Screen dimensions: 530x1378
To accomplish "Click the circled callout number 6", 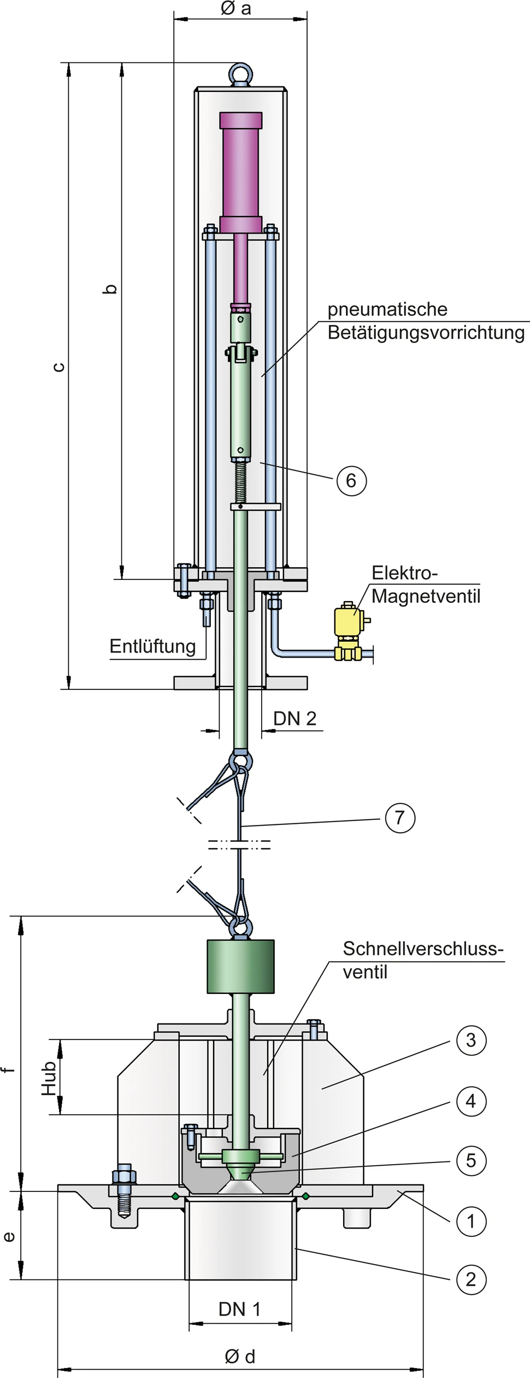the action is coord(351,480).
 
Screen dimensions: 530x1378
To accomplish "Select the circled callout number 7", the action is coord(400,817).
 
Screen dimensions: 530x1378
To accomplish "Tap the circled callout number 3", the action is coord(471,1040).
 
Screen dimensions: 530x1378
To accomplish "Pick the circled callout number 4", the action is coord(471,1101).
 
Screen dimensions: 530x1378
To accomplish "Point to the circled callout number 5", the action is coord(471,1160).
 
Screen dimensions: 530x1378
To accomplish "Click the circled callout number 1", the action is coord(471,1220).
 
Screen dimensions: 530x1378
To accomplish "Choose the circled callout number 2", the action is coord(471,1280).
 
